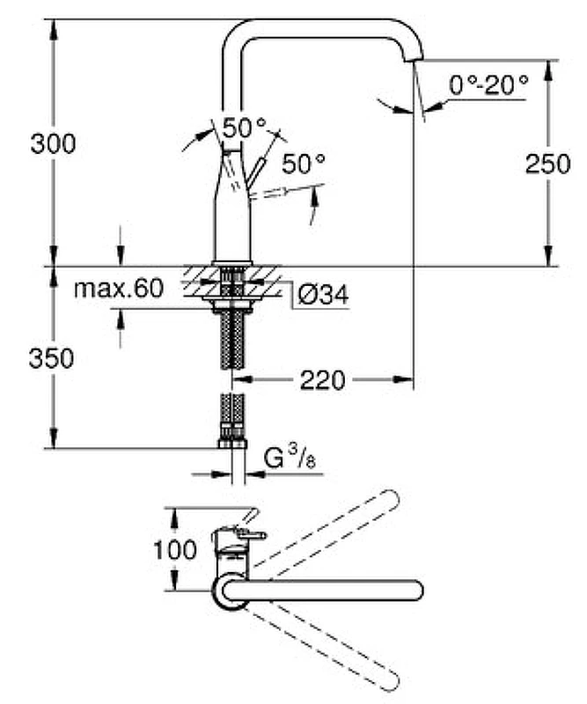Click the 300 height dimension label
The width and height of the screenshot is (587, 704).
(53, 143)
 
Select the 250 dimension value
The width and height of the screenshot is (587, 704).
(547, 164)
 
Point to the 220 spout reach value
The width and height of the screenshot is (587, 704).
(323, 380)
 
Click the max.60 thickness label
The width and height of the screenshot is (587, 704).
(118, 290)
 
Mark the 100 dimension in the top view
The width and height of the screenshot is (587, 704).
(176, 551)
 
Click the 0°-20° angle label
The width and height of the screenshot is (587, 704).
(488, 85)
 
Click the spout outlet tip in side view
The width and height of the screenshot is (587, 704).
(413, 56)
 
